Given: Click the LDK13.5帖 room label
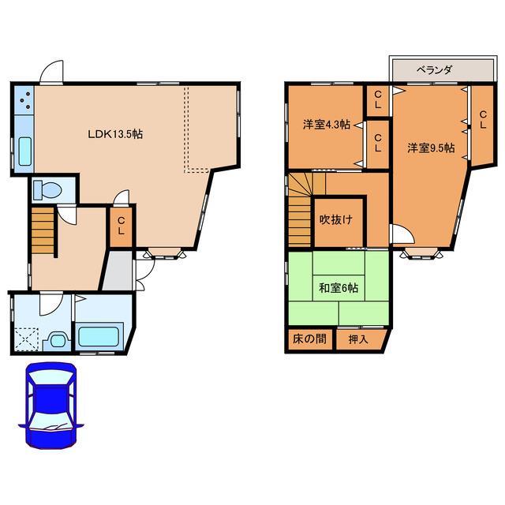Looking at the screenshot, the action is (115, 134).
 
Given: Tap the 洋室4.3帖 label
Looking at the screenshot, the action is (327, 125).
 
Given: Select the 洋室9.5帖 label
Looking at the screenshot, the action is (432, 148).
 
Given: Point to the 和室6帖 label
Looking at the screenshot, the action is (339, 287).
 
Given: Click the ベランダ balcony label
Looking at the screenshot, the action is (435, 69).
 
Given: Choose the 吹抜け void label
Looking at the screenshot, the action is (335, 219).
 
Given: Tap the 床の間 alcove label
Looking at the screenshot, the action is (309, 339).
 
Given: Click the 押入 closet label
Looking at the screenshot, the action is (358, 339).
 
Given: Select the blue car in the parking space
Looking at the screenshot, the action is (51, 405).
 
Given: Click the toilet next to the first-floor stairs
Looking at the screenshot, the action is (47, 190).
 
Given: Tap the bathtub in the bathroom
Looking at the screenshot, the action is (99, 337).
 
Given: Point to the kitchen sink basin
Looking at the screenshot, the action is (24, 151).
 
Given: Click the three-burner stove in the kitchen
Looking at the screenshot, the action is (24, 100).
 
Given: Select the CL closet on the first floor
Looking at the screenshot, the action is (121, 227).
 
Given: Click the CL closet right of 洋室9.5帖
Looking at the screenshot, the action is (482, 125).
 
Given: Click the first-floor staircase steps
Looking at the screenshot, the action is (43, 231).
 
